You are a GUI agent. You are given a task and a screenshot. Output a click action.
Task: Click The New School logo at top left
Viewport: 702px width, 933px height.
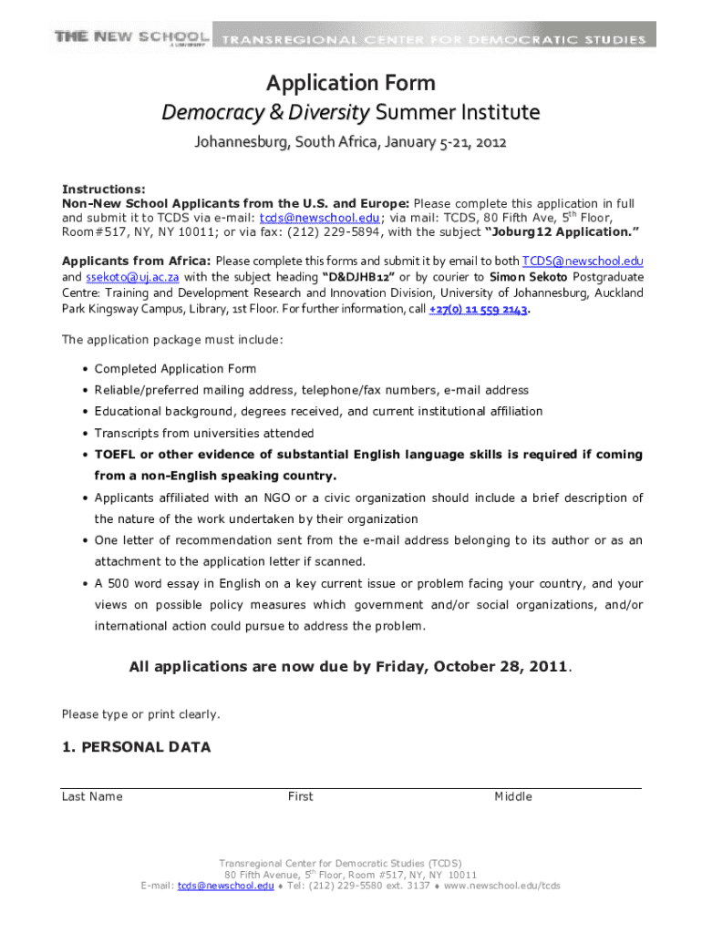coord(132,37)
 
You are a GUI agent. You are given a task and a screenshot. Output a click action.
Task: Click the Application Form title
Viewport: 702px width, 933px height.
coord(350,84)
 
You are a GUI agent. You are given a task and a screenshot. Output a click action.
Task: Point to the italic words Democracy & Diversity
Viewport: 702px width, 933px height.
coord(266,113)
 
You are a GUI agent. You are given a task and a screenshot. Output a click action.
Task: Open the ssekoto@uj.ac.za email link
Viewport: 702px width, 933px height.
coord(133,277)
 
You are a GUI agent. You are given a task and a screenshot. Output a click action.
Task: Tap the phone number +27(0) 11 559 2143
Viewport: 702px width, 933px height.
coord(478,309)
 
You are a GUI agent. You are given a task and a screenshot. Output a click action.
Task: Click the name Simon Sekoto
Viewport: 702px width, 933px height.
coord(530,277)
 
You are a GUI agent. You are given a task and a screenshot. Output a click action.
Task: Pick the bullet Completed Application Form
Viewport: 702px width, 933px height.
coord(175,369)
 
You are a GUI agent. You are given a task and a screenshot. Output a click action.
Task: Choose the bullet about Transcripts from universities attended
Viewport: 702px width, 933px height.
coord(204,434)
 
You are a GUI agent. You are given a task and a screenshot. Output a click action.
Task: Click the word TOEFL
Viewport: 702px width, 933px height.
coord(115,455)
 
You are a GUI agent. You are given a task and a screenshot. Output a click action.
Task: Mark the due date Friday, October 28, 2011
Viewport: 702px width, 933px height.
coord(471,668)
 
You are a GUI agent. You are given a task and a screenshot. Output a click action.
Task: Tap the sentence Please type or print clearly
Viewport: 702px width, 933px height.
coord(140,714)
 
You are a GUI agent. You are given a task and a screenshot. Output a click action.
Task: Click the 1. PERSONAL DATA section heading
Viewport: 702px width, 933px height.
coord(136,748)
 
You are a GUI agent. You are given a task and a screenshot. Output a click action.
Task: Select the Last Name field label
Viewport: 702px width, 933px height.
coord(92,797)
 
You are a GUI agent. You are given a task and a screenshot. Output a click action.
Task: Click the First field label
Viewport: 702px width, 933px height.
coord(300,797)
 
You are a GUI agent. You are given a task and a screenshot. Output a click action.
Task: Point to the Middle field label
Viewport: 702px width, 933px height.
coord(513,797)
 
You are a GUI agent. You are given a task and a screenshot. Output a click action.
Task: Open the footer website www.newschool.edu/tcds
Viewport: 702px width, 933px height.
coord(501,886)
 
